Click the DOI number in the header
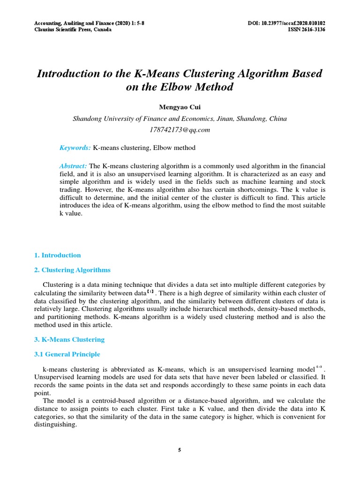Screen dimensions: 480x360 point(286,23)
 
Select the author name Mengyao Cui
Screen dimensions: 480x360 point(180,107)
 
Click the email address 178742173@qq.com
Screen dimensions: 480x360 point(180,130)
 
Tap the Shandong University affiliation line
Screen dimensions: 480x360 point(180,119)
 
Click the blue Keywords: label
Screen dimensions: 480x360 point(75,148)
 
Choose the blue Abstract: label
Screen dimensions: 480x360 point(73,166)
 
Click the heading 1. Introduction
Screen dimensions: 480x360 point(58,255)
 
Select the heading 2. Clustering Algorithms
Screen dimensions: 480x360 point(73,270)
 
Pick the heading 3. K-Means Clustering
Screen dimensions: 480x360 point(70,339)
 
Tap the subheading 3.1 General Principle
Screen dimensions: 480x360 point(67,354)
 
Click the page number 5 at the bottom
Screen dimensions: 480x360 point(180,450)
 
